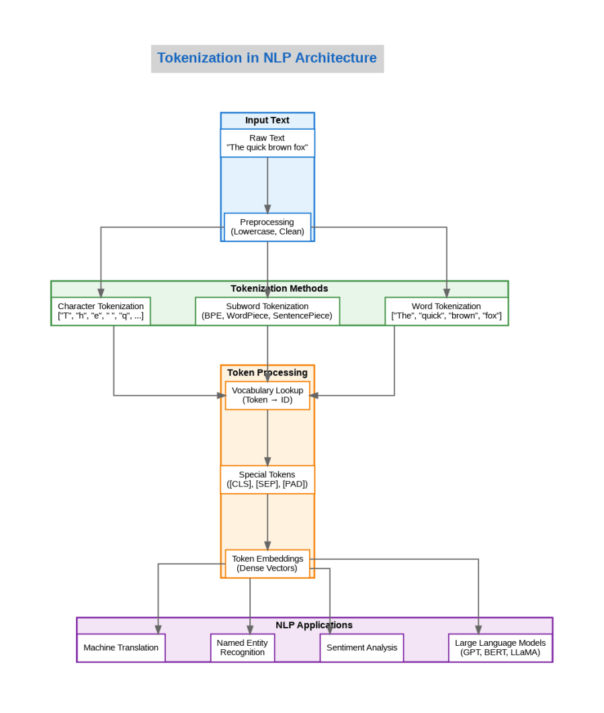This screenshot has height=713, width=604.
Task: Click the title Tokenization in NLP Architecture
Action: [267, 58]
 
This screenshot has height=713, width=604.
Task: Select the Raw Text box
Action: [267, 142]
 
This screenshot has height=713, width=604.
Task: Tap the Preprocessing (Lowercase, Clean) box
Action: [267, 227]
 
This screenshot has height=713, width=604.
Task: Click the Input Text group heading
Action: [267, 120]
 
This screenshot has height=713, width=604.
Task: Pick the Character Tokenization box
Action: [101, 311]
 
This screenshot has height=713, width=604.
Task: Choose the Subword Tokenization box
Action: [267, 311]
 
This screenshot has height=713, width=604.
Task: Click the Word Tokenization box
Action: [446, 311]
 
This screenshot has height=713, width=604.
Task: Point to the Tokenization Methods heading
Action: [279, 288]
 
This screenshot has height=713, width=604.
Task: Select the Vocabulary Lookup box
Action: [267, 395]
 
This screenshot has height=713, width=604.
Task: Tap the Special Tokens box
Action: [267, 479]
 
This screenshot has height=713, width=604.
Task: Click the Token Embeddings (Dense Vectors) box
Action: [267, 563]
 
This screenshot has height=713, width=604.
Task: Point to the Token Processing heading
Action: [267, 372]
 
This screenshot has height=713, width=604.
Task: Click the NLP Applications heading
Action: [314, 625]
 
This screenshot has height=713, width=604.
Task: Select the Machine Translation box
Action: [121, 648]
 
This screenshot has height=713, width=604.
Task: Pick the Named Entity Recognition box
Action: [242, 648]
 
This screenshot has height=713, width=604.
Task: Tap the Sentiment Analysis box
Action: [361, 648]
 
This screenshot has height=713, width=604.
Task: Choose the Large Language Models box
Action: [500, 648]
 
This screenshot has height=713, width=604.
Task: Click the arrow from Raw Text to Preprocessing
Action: [267, 185]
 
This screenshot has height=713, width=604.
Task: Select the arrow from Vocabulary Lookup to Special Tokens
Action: [267, 437]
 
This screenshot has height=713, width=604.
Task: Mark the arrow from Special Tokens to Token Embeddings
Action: [267, 521]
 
